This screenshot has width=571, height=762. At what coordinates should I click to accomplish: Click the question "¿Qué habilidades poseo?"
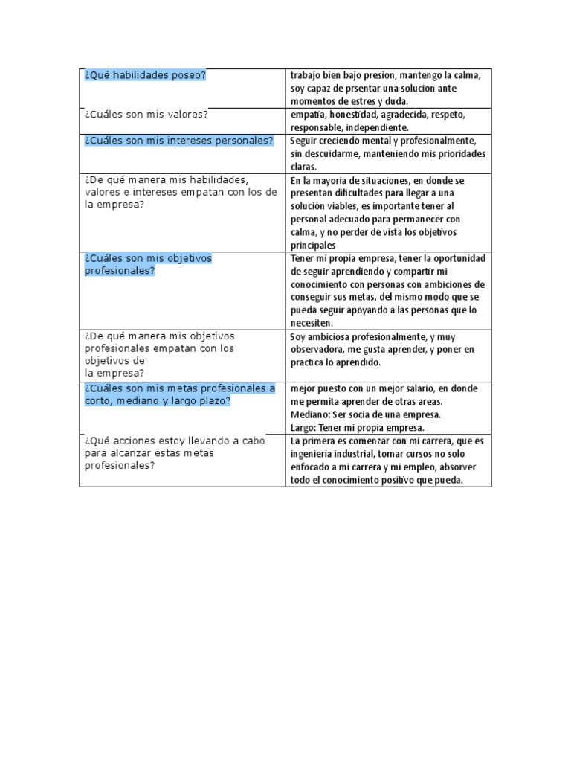click(x=145, y=75)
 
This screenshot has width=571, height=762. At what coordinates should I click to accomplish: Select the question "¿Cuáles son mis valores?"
click(x=146, y=114)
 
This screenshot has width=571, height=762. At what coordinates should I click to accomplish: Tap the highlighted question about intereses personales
click(x=178, y=140)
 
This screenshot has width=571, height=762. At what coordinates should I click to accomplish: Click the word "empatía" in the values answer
click(x=308, y=115)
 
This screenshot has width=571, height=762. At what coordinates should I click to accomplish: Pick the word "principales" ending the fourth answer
click(x=313, y=245)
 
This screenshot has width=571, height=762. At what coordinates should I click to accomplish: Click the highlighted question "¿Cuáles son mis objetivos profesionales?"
click(x=148, y=264)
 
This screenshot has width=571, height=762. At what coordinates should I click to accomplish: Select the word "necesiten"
click(x=312, y=323)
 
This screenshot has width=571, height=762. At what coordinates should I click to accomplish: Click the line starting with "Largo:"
click(x=357, y=427)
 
